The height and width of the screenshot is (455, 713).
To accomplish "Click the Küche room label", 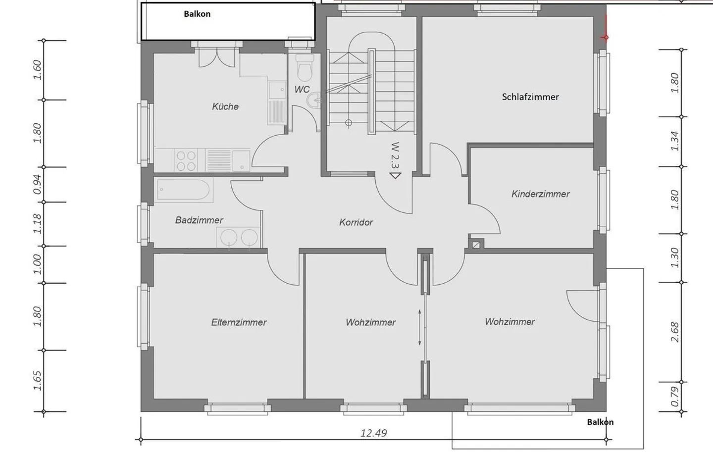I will tap(225, 106).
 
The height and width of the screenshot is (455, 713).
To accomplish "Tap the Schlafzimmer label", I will tap(530, 97).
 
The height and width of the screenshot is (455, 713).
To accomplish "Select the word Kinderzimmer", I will tap(540, 194).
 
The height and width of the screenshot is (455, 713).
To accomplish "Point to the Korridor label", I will tap(356, 222).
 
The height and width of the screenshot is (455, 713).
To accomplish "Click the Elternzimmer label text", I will tap(239, 322).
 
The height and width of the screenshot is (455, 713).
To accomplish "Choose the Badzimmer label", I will tap(199, 220).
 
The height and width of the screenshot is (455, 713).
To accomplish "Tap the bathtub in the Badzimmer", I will tap(184, 190).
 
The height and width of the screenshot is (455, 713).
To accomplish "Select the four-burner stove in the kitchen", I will tap(186, 160).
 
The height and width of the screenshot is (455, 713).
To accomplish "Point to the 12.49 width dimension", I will tap(373, 433).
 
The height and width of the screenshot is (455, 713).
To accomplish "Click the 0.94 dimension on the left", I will tap(38, 184).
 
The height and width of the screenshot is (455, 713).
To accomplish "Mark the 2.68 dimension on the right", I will tap(675, 332).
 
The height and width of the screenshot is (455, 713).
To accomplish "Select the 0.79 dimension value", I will tap(675, 397).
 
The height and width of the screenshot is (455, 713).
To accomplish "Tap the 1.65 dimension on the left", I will tap(38, 380).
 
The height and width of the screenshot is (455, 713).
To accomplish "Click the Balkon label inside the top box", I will tap(197, 14).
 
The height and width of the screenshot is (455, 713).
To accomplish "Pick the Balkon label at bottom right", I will tap(600, 422).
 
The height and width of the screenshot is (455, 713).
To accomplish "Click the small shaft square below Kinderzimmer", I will tap(476, 244).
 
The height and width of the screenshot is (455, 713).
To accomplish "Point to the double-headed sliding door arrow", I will tap(420, 327).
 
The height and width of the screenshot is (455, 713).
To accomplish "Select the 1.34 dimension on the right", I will tap(675, 141).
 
